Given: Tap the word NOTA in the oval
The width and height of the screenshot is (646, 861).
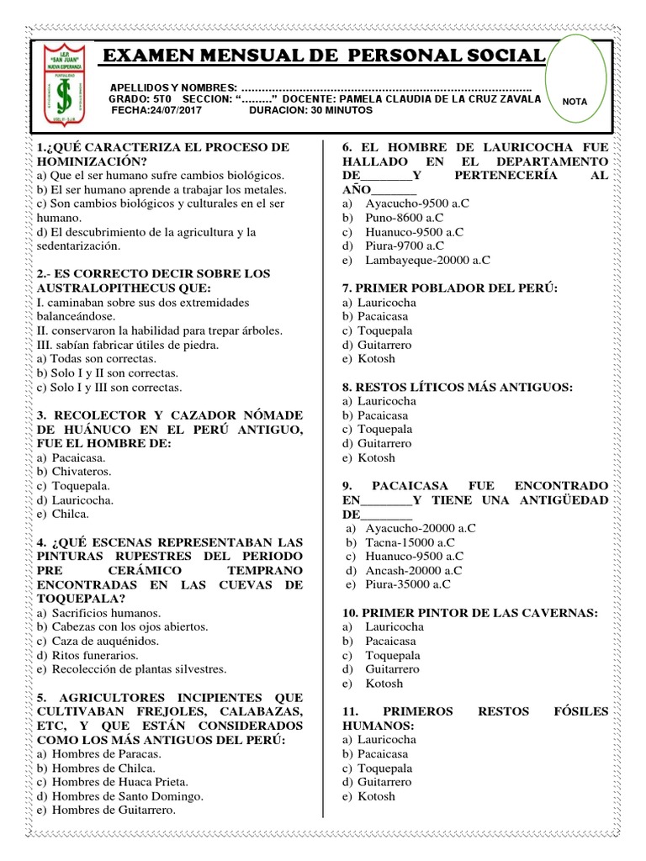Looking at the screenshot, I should tap(575, 101).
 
